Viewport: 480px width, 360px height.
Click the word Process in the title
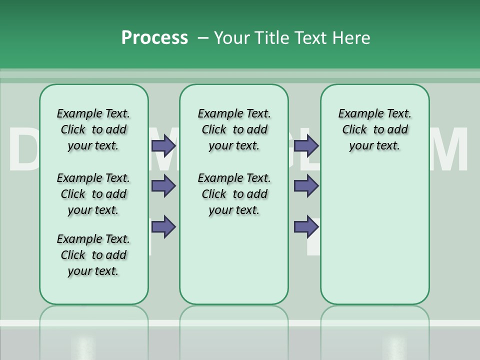click(x=154, y=38)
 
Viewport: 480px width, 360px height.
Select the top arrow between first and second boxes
click(x=163, y=146)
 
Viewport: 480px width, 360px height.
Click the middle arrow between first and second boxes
click(x=163, y=186)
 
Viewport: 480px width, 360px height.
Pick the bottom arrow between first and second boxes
click(x=163, y=226)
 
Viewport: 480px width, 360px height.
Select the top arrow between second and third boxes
click(x=306, y=146)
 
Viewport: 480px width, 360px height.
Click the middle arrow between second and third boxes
click(x=306, y=186)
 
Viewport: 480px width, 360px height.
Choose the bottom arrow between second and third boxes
click(x=306, y=226)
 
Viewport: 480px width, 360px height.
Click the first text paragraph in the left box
click(x=93, y=130)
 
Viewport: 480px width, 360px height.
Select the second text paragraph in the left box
click(x=93, y=194)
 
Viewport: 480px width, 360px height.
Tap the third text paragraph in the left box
click(x=93, y=255)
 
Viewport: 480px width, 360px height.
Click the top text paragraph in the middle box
click(x=234, y=130)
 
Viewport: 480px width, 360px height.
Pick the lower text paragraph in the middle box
click(x=234, y=194)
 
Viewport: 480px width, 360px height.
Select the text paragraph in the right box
click(x=374, y=130)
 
